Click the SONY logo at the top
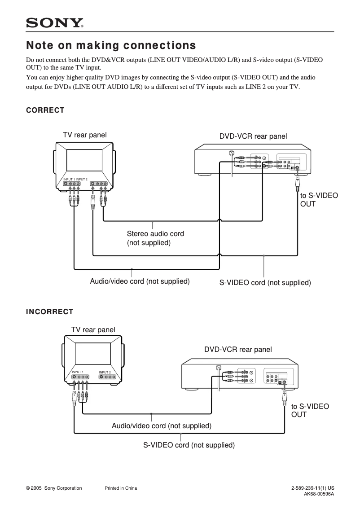[55, 23]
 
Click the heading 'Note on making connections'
[111, 46]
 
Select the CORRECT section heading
[45, 110]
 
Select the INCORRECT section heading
[49, 312]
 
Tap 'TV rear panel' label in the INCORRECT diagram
[93, 330]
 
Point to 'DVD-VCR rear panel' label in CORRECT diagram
[253, 136]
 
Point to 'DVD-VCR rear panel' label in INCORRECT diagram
[238, 349]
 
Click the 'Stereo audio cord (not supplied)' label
[155, 238]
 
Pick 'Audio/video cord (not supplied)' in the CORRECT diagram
[140, 281]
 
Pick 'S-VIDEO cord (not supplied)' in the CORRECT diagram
[265, 283]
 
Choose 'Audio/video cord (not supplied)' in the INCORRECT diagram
[162, 426]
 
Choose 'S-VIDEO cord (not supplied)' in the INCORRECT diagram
[189, 445]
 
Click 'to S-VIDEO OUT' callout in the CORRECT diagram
[319, 200]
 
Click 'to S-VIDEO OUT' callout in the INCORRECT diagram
[310, 410]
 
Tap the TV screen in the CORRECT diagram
[85, 160]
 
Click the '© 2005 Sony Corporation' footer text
[54, 488]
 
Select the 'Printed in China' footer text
[121, 488]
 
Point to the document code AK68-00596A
[319, 494]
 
